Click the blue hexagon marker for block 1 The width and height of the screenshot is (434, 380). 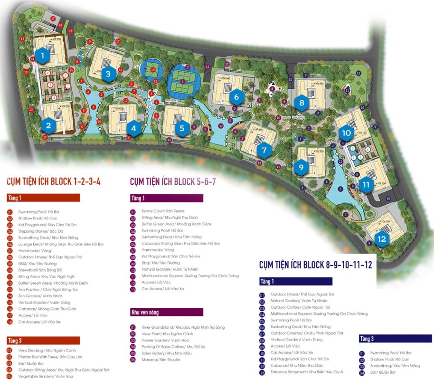(x=43, y=56)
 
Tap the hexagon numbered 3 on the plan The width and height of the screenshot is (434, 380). (x=108, y=74)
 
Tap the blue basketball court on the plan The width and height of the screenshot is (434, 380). (x=152, y=69)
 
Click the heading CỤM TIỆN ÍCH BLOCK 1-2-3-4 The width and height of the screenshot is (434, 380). (x=54, y=181)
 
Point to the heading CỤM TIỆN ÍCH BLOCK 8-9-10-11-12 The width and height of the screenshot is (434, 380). (x=315, y=265)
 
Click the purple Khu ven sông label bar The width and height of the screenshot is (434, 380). (x=167, y=312)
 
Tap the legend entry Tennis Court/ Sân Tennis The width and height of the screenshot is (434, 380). (x=163, y=211)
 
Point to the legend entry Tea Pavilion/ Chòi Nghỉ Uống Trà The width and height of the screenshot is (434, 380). (x=47, y=289)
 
